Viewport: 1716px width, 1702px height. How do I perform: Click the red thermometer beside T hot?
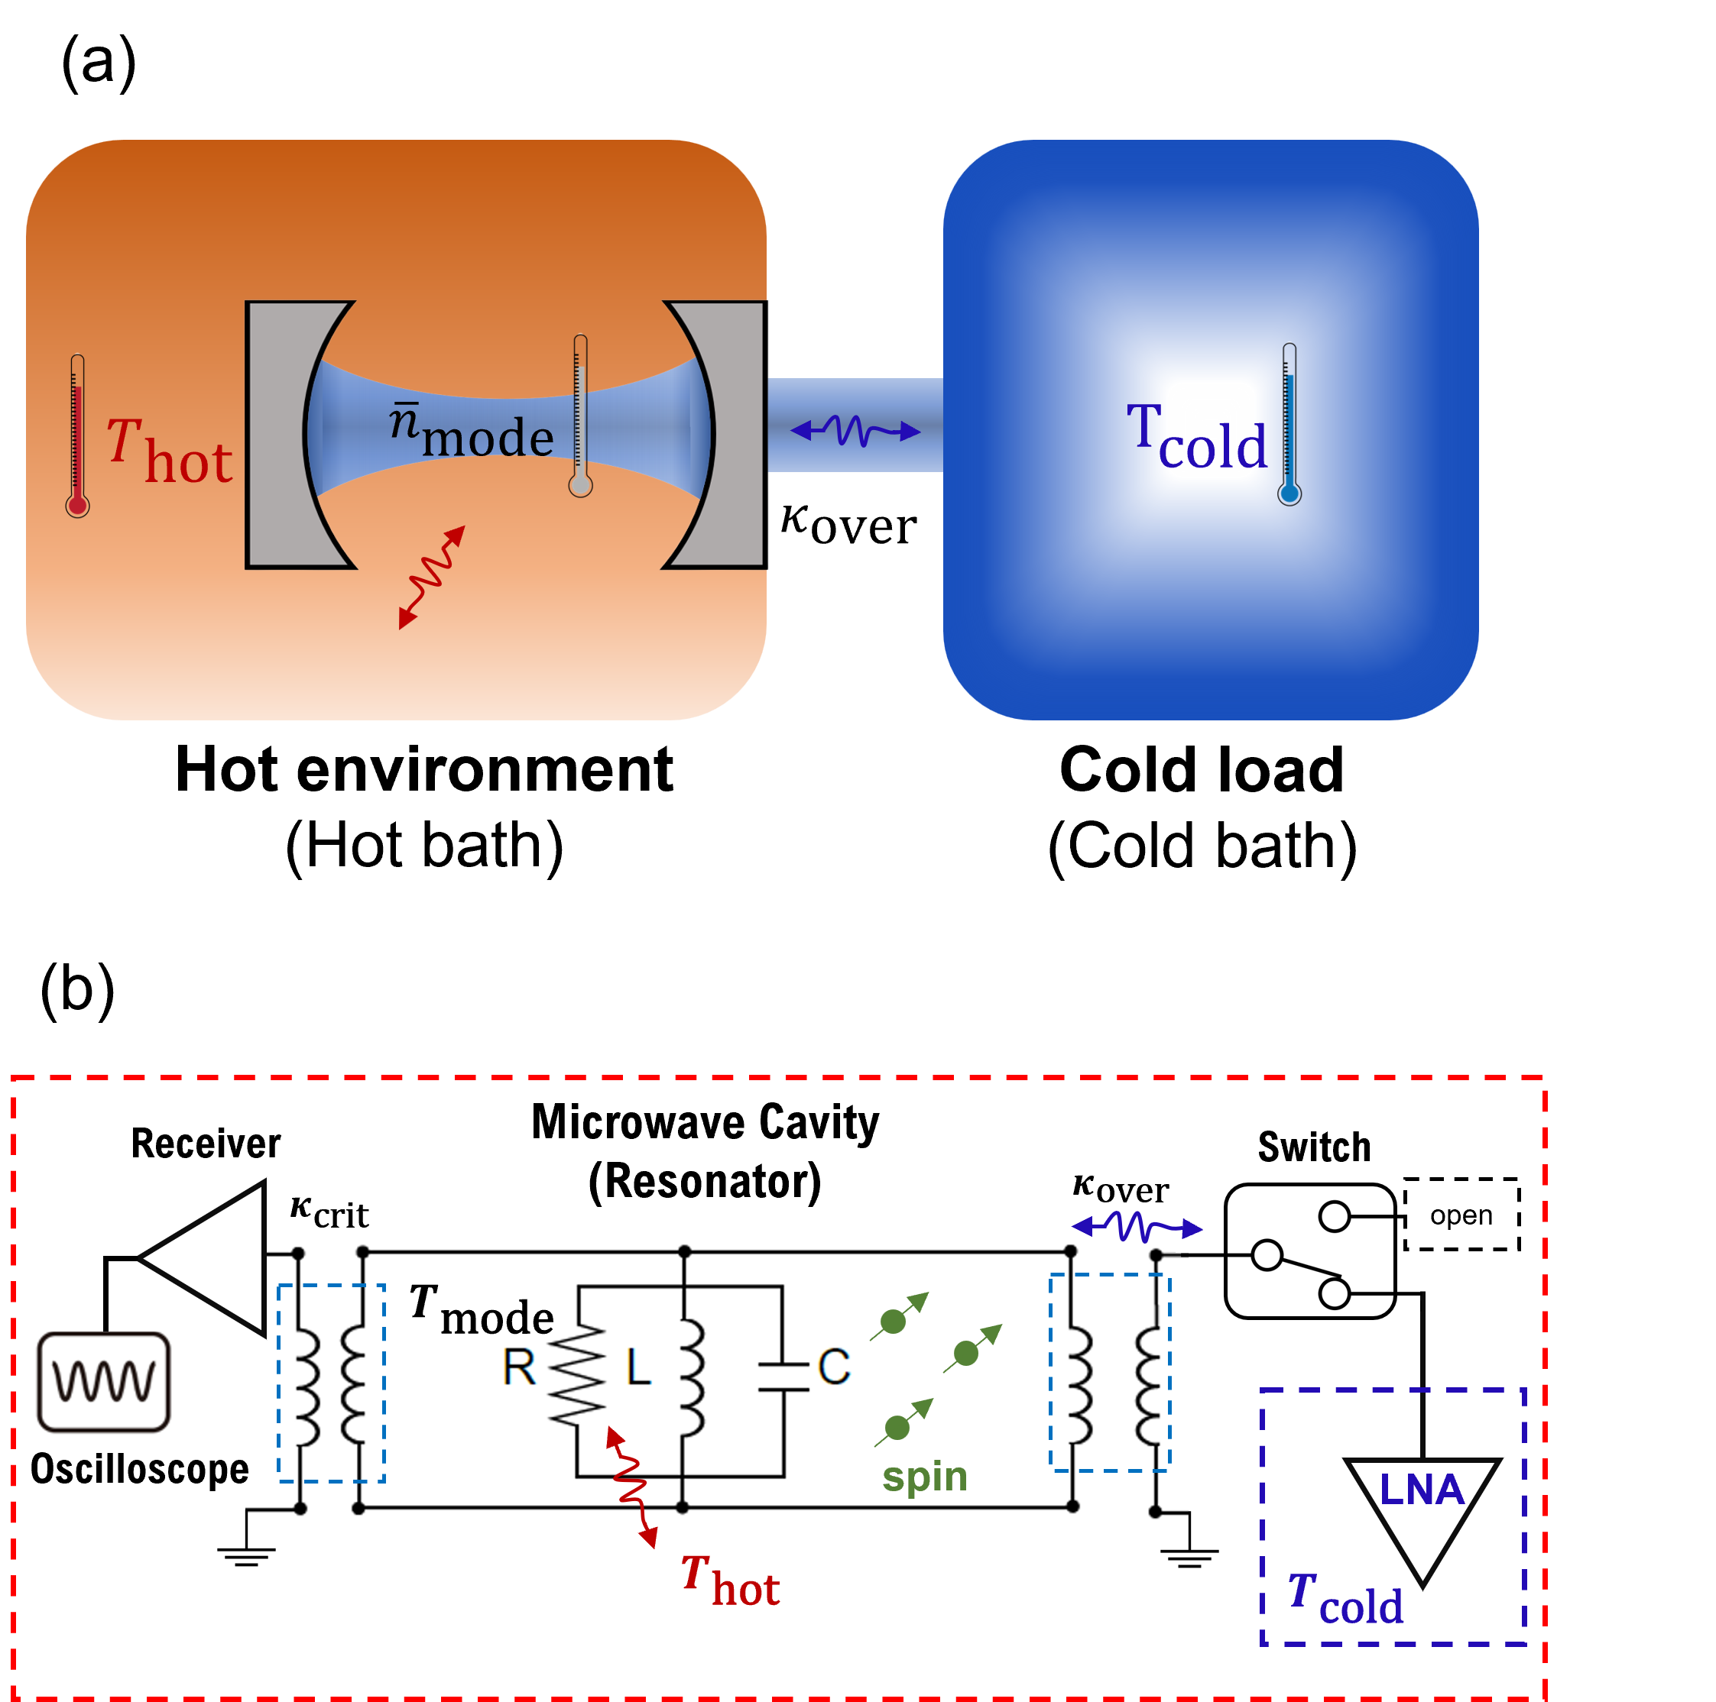(77, 435)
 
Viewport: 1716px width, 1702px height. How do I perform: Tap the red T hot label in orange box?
(169, 453)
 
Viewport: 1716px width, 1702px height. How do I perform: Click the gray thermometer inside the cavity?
(580, 416)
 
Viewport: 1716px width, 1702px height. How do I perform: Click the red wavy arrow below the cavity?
(432, 577)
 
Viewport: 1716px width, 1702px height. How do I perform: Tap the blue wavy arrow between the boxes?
(855, 432)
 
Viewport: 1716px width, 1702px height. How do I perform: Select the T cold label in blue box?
(1195, 437)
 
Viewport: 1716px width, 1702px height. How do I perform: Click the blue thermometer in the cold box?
(1289, 425)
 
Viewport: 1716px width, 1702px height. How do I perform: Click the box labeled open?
(1461, 1215)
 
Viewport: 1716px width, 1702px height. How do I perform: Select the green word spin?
(925, 1476)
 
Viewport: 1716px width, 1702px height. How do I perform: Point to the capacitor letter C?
(833, 1367)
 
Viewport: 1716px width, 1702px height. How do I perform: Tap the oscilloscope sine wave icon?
(105, 1383)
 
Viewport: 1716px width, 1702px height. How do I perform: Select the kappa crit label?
(329, 1211)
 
